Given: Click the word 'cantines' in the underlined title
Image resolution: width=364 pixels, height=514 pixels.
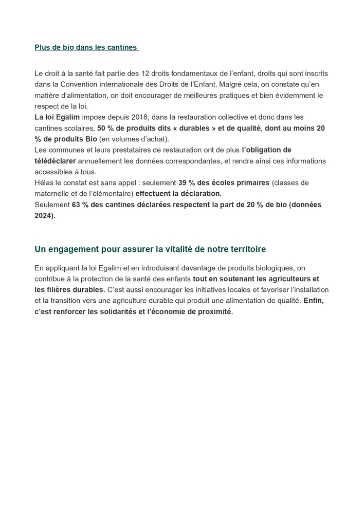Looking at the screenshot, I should click(x=122, y=47).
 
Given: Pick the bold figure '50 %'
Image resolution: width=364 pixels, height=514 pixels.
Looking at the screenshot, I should click(x=105, y=128).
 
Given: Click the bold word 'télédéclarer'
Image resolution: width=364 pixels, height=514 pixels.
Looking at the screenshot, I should click(x=55, y=161).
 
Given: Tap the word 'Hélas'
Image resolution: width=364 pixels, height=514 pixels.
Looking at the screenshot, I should click(x=44, y=182).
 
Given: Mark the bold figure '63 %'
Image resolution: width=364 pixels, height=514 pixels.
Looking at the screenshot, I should click(x=79, y=205).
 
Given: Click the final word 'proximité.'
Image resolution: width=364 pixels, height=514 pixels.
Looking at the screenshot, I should click(x=215, y=311).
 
